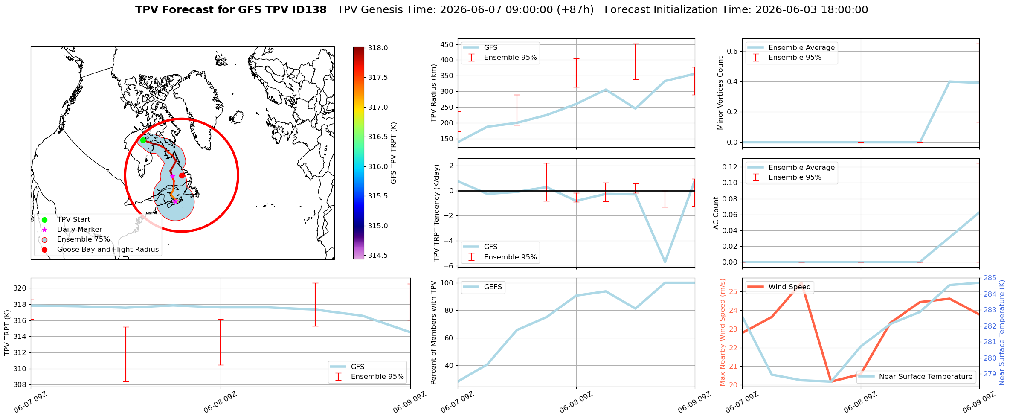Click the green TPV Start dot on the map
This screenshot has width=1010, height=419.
[x=143, y=140]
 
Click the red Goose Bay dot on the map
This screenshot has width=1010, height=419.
[x=182, y=175]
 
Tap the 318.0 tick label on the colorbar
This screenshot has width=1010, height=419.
[x=378, y=48]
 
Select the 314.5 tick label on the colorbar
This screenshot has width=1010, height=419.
[x=378, y=255]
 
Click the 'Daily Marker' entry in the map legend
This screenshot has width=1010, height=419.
[x=79, y=229]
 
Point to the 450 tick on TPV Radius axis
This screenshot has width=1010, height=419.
[x=447, y=44]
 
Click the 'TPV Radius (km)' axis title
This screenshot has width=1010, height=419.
[x=434, y=93]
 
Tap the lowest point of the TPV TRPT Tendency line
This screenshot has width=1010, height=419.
[x=665, y=262]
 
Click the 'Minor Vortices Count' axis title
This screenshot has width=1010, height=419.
[x=720, y=93]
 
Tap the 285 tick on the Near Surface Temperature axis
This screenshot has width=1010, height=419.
[x=990, y=278]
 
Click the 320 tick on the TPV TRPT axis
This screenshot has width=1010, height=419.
[x=20, y=288]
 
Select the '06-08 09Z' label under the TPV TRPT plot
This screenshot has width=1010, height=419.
[x=220, y=402]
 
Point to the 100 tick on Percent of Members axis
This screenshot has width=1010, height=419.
[x=447, y=283]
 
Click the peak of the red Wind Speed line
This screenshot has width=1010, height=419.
[x=802, y=282]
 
